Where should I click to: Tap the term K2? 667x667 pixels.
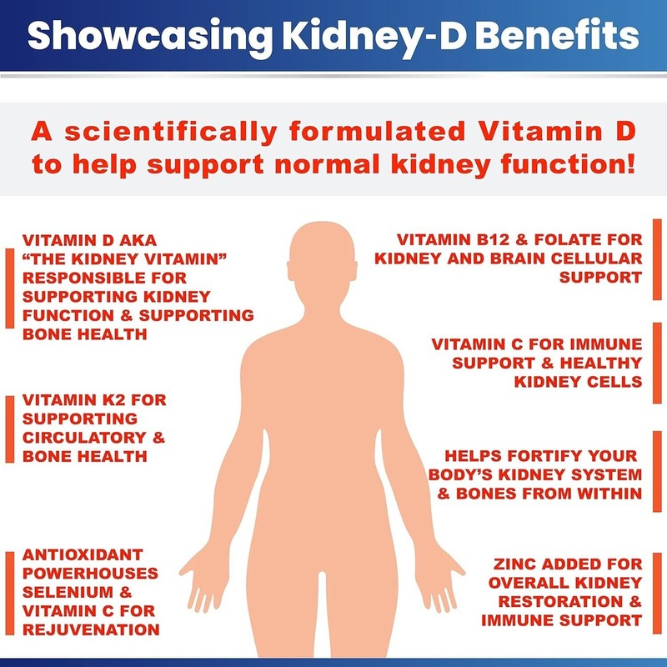tap(106, 400)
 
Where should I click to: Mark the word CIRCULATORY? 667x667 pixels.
tap(86, 438)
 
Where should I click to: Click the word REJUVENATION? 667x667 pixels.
tap(91, 629)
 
